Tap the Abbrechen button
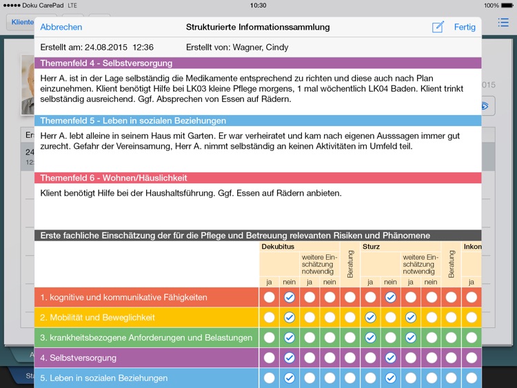click(x=61, y=27)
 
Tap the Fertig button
click(x=465, y=27)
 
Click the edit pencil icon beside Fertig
click(x=438, y=27)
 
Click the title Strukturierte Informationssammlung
click(x=258, y=27)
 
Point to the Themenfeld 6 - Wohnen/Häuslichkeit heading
click(x=114, y=178)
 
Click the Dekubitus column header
click(x=278, y=246)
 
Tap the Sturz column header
click(x=371, y=246)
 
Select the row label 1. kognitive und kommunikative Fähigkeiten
click(x=123, y=297)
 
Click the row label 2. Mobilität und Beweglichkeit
click(x=97, y=318)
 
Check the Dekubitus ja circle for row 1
click(x=269, y=297)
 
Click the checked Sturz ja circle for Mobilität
click(x=370, y=318)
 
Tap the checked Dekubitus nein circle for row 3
click(x=289, y=338)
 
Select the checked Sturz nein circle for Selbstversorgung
click(x=390, y=358)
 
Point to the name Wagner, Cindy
click(x=264, y=48)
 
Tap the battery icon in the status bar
click(x=508, y=5)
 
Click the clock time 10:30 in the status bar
click(x=258, y=5)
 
